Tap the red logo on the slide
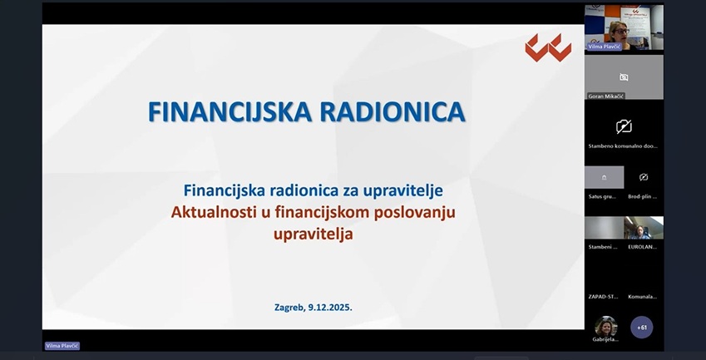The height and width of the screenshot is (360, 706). (548, 48)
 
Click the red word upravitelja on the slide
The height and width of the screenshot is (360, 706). (313, 234)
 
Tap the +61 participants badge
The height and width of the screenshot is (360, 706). (641, 328)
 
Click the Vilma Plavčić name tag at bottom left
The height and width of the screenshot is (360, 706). (62, 346)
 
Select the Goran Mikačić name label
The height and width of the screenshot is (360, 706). (605, 96)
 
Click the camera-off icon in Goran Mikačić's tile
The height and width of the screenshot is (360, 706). (624, 77)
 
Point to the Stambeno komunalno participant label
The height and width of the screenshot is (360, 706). (623, 145)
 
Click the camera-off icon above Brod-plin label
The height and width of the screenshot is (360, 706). (644, 177)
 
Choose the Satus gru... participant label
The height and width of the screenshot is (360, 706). (603, 196)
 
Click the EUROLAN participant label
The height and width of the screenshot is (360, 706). (643, 246)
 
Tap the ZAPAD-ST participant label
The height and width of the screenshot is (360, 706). (603, 296)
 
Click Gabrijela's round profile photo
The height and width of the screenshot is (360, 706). (605, 326)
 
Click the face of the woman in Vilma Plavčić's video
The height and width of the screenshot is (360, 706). (619, 30)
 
